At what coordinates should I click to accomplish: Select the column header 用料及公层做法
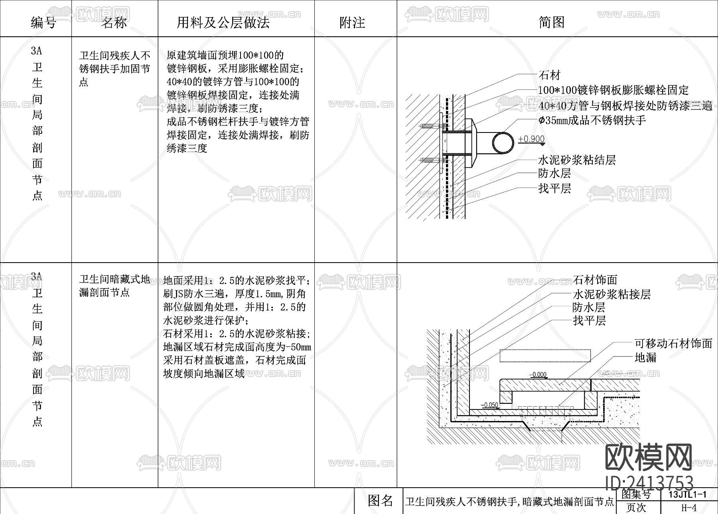pyautogui.click(x=223, y=22)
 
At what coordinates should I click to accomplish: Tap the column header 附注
pyautogui.click(x=352, y=22)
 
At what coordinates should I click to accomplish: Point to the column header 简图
pyautogui.click(x=552, y=22)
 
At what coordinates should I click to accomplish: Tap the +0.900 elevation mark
pyautogui.click(x=531, y=139)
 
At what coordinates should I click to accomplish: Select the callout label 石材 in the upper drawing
pyautogui.click(x=549, y=75)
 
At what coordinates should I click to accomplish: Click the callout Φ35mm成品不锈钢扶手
pyautogui.click(x=592, y=120)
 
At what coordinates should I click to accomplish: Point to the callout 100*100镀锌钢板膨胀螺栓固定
pyautogui.click(x=613, y=90)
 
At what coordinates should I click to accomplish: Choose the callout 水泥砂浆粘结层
pyautogui.click(x=577, y=160)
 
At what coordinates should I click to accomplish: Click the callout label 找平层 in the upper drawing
pyautogui.click(x=554, y=188)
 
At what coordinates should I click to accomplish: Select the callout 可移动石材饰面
pyautogui.click(x=673, y=343)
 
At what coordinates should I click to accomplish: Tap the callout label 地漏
pyautogui.click(x=645, y=357)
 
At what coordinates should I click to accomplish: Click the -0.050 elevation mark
pyautogui.click(x=489, y=405)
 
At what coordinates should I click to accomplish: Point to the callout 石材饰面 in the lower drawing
pyautogui.click(x=595, y=280)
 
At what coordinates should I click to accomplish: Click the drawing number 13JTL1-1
pyautogui.click(x=687, y=494)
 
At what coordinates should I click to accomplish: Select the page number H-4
pyautogui.click(x=689, y=508)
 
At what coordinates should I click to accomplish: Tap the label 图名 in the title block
pyautogui.click(x=380, y=500)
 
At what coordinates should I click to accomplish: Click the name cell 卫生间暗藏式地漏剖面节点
pyautogui.click(x=114, y=286)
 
